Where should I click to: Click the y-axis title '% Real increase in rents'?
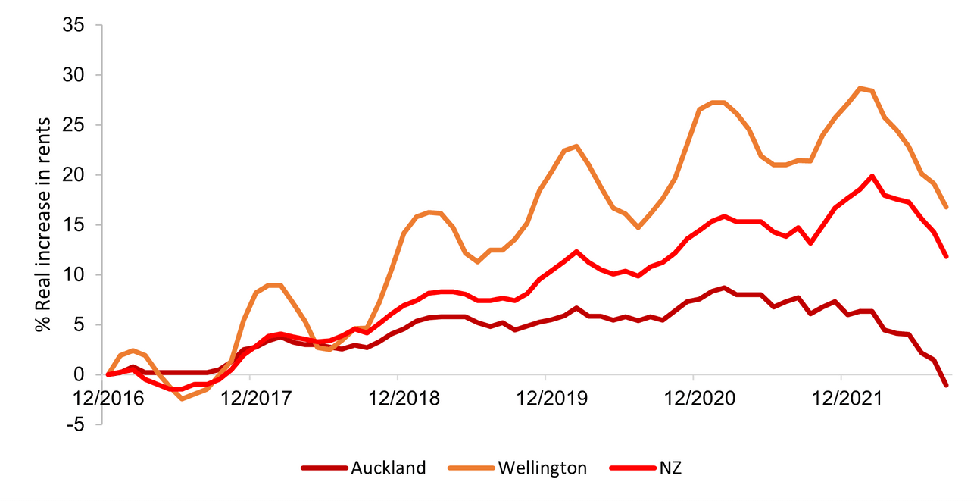click(x=43, y=224)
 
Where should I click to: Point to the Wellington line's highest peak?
click(x=860, y=88)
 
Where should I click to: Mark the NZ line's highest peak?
click(x=872, y=176)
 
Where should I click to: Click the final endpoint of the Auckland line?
click(x=946, y=385)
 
